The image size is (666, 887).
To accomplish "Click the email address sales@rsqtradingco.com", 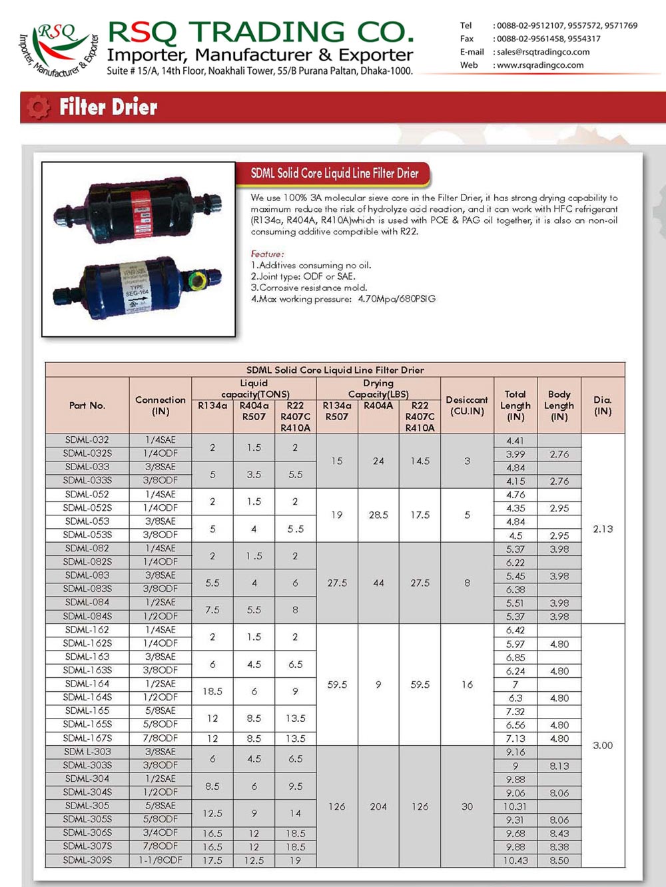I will [x=543, y=52].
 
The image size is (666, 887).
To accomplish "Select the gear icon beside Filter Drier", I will [x=39, y=107].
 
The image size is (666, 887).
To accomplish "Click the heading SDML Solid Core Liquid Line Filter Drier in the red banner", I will [x=334, y=173].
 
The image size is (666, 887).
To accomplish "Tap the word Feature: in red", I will [x=267, y=254].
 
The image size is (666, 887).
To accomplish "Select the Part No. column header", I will [x=87, y=406].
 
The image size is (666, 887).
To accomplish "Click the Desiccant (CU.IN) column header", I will [x=467, y=406].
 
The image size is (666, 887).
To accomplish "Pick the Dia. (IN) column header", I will [x=603, y=406].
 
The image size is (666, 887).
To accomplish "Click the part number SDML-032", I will [x=87, y=440].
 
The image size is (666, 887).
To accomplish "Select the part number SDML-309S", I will [x=87, y=860].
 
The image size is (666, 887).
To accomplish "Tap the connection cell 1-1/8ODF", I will [x=161, y=860].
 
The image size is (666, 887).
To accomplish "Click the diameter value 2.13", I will [x=603, y=529].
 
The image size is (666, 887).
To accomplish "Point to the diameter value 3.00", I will [x=603, y=745].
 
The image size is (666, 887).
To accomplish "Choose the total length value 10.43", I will [x=515, y=860].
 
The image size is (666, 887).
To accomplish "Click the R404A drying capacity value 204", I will [x=378, y=806].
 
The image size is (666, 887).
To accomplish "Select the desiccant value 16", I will [x=467, y=685].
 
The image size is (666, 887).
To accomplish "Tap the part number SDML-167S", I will [x=87, y=739].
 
